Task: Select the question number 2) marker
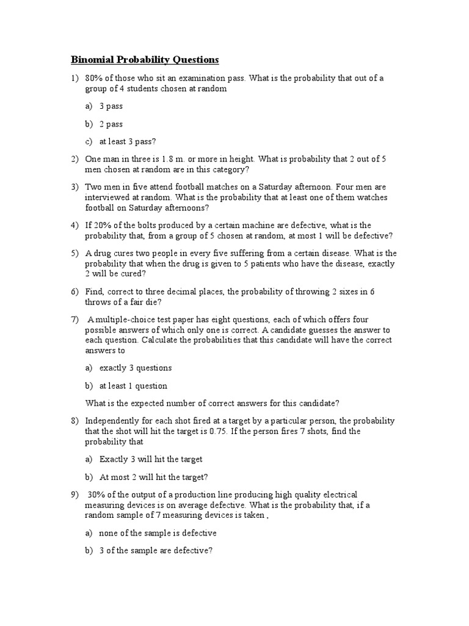[x=75, y=159]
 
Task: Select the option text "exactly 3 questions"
[x=136, y=368]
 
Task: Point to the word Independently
[x=114, y=421]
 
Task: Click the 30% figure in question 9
[x=98, y=494]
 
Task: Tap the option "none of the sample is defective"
[x=158, y=533]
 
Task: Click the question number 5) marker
[x=75, y=253]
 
